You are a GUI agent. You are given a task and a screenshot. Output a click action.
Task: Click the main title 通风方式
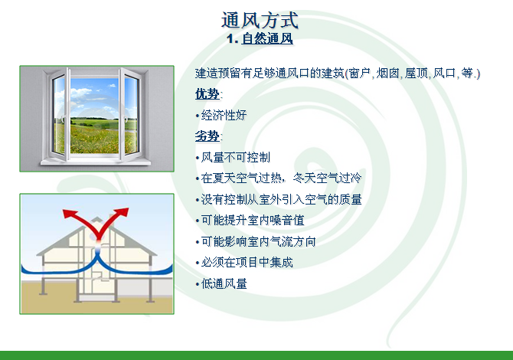point(260,20)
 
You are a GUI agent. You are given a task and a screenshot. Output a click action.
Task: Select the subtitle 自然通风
point(267,38)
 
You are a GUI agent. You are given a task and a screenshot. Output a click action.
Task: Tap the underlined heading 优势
point(207,94)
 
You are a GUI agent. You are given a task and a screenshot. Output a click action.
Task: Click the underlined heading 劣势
point(207,136)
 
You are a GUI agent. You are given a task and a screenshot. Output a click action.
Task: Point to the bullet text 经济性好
point(224,115)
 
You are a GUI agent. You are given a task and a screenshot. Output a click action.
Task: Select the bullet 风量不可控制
point(236,158)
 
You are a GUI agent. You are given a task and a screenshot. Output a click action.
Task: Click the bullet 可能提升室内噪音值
point(253,221)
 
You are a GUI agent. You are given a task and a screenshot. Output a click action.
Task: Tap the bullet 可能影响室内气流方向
point(259,241)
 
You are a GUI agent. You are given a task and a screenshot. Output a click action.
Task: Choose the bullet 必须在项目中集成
point(247,263)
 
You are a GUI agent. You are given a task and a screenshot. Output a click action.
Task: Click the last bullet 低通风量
point(224,283)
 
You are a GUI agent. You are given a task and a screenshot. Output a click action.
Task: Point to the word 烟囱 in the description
point(387,73)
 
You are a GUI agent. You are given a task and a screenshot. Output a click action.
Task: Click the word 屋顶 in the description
point(417,73)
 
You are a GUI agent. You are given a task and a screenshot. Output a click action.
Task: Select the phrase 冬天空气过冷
point(327,178)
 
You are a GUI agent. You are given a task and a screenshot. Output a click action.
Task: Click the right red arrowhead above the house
point(123,212)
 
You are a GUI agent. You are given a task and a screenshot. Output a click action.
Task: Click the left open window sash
point(60,114)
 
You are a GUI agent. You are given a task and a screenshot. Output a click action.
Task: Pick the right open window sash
point(131,114)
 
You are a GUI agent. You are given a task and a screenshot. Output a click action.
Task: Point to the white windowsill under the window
point(96,162)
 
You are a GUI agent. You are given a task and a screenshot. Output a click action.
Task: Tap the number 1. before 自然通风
point(232,39)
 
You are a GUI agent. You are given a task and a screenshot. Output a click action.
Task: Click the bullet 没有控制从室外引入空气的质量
point(281,199)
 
